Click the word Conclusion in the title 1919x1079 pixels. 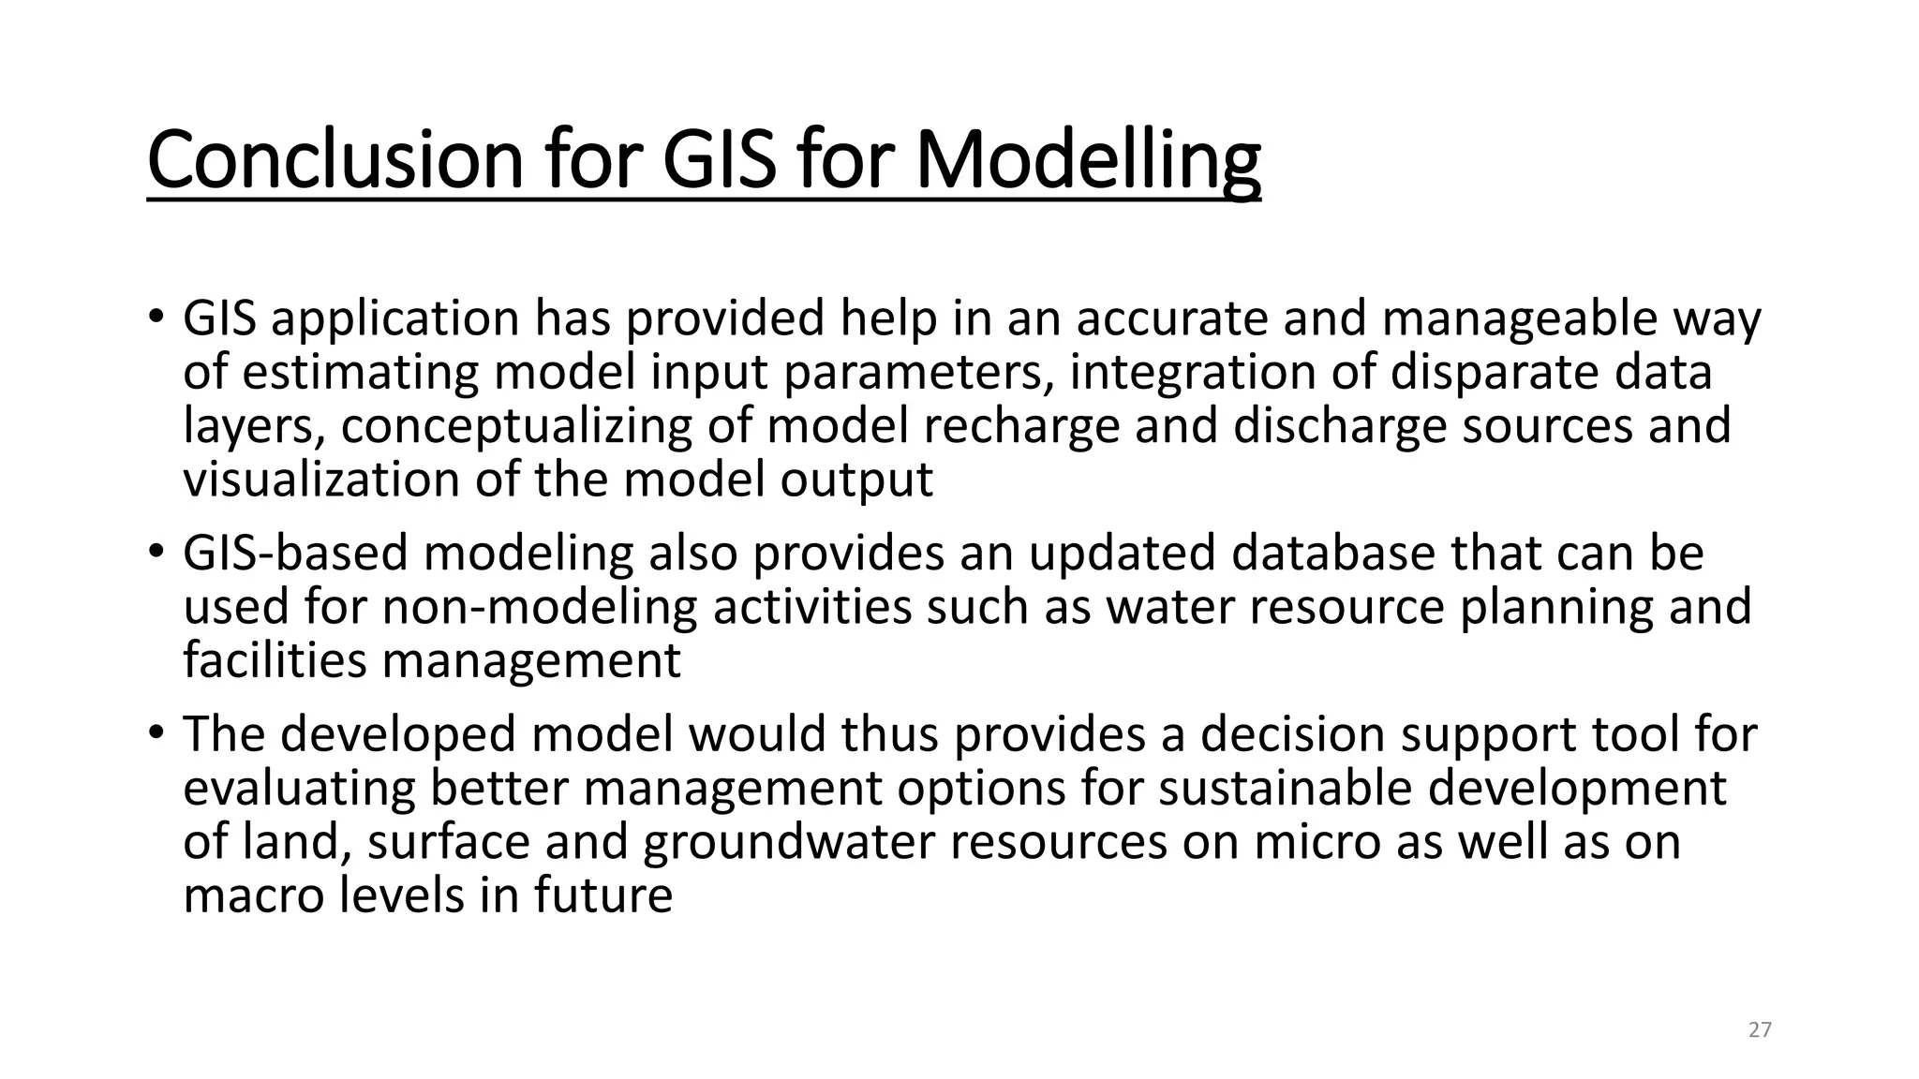(335, 160)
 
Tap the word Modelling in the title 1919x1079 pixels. (1087, 160)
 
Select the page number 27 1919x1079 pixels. (1760, 1030)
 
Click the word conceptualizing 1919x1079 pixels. (516, 426)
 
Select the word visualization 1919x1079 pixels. (320, 480)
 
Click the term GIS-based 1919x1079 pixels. (295, 553)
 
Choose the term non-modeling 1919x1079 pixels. (539, 607)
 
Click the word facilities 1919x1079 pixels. (275, 660)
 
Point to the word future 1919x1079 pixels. (603, 895)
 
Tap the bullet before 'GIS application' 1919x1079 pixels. (156, 316)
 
